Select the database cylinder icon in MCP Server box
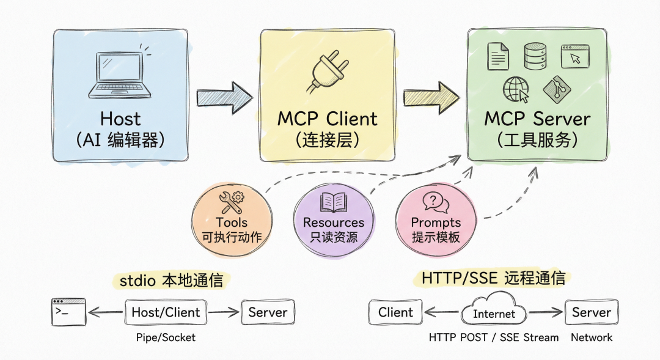coord(535,56)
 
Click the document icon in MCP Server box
coord(497,56)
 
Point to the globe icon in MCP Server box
coord(515,90)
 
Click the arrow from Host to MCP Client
coord(224,96)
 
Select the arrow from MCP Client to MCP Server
coord(431,96)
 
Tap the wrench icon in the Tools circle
coord(231,200)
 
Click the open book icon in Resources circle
coord(333,203)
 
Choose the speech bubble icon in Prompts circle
coord(435,202)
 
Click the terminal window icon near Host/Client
coord(68,312)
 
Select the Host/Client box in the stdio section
coord(166,312)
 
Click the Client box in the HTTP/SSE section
coord(395,312)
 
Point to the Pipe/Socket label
coord(166,337)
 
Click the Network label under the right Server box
coord(591,337)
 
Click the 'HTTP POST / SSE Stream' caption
coord(493,337)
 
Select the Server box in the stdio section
coord(268,312)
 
